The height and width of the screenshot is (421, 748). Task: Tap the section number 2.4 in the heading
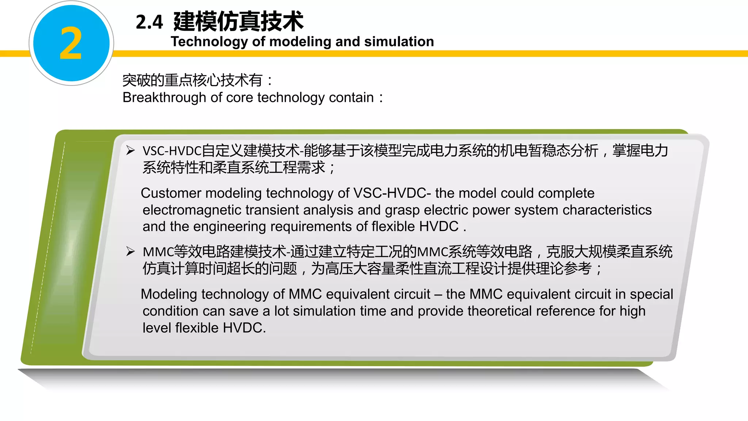pos(149,22)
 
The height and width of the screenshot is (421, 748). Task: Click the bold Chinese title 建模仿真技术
pos(238,21)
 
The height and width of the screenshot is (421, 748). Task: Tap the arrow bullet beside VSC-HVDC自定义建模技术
pos(130,150)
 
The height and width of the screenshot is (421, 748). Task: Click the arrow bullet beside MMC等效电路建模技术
pos(130,251)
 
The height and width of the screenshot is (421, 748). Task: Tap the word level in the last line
pos(157,328)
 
